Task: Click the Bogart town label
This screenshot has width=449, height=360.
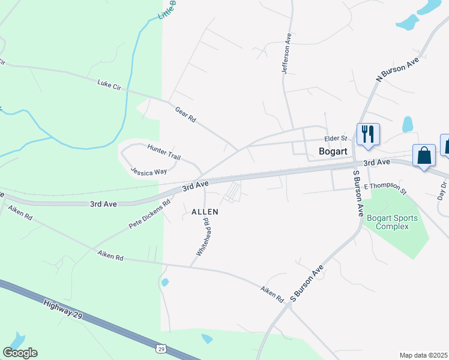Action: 333,151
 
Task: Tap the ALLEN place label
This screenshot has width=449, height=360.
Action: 205,212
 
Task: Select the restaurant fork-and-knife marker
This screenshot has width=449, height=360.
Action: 367,134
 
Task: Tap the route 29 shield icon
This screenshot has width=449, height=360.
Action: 161,348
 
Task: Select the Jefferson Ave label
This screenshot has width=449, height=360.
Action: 287,54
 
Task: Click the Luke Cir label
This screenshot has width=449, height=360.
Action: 109,85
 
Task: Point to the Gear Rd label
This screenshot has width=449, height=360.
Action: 185,115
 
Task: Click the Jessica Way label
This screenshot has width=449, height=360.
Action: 149,172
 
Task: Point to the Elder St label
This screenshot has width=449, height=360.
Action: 336,138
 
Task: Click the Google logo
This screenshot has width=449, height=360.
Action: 20,353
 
